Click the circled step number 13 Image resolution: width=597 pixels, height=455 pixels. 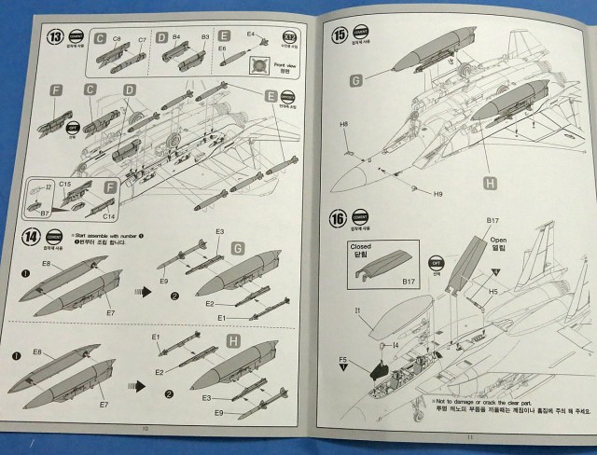click(58, 38)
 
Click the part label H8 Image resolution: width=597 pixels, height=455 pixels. click(345, 124)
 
